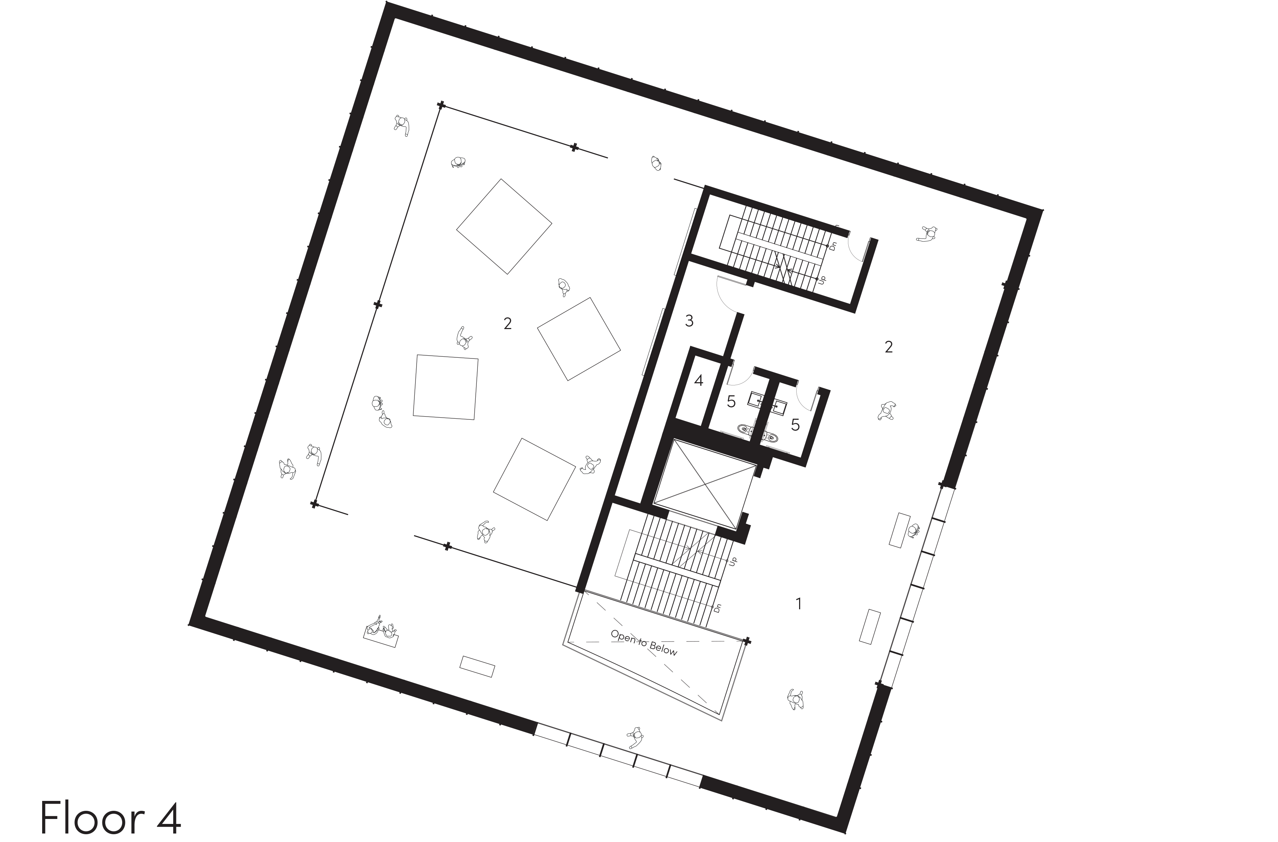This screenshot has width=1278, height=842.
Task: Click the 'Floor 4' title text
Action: pyautogui.click(x=111, y=817)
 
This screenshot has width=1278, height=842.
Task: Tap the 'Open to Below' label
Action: pyautogui.click(x=644, y=642)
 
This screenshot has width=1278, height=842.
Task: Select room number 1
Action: pyautogui.click(x=798, y=604)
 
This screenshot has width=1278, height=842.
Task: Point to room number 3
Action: pyautogui.click(x=690, y=321)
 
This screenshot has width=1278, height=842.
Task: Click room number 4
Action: pyautogui.click(x=699, y=381)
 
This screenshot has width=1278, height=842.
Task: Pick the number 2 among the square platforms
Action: pyautogui.click(x=508, y=323)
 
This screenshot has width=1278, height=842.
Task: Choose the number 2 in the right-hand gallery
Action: pyautogui.click(x=889, y=347)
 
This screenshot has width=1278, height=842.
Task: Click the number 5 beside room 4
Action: pyautogui.click(x=731, y=402)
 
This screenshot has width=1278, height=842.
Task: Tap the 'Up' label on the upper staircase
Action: pyautogui.click(x=821, y=280)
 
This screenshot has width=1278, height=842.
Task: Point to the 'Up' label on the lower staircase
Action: pyautogui.click(x=734, y=561)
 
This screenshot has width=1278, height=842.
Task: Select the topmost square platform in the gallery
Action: pyautogui.click(x=504, y=227)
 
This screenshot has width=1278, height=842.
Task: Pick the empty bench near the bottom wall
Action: pyautogui.click(x=477, y=667)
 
